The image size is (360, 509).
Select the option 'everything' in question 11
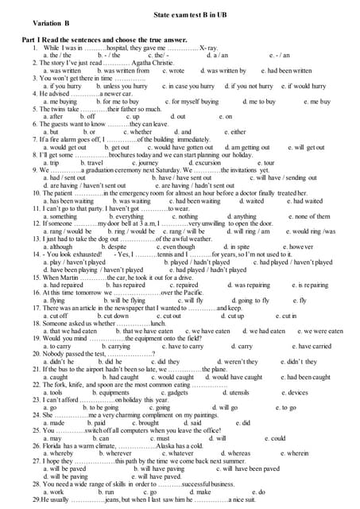(126, 216)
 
